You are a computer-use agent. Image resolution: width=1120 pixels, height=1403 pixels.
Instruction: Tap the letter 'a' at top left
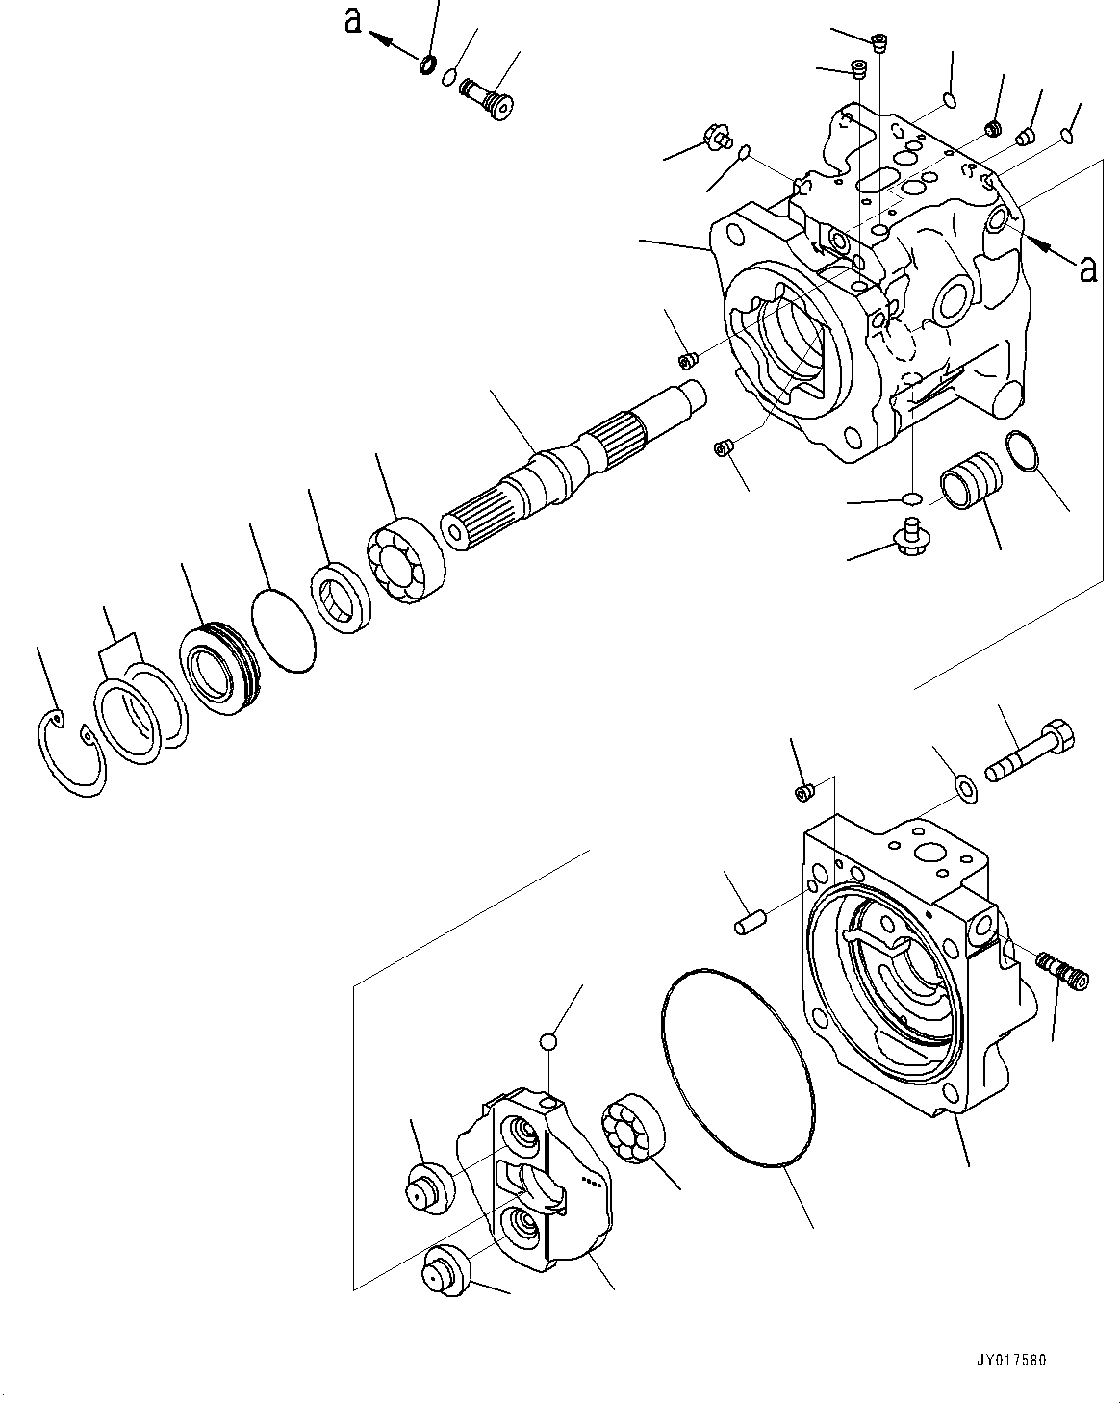coord(354,21)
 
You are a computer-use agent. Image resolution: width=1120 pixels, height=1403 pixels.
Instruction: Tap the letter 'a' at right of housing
coord(1088,269)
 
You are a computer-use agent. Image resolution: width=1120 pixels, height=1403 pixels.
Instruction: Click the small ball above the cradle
coord(548,1041)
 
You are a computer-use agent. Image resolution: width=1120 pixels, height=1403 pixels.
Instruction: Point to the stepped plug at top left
coord(487,97)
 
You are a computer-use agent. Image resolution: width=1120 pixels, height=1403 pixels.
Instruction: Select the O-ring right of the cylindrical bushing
coord(1023,451)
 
